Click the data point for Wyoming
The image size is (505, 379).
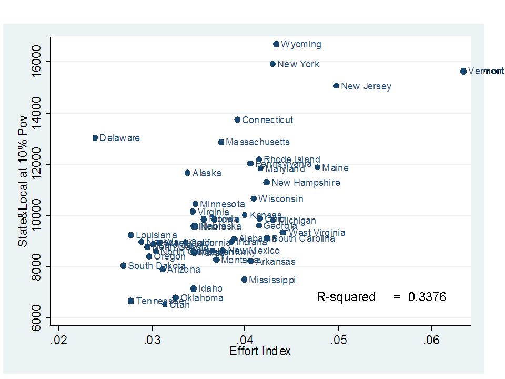276,44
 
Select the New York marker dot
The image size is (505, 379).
272,64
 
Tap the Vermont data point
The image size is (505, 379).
463,71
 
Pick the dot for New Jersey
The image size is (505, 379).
336,86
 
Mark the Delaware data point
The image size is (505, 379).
95,138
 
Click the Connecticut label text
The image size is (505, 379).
267,120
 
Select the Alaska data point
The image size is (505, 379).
187,173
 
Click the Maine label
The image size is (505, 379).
335,168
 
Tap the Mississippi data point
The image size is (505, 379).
244,280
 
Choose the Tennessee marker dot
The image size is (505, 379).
131,301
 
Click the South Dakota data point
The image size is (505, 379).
123,266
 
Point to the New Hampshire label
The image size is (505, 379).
306,183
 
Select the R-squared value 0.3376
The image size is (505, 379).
427,297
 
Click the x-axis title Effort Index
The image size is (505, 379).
260,352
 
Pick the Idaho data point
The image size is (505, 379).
194,288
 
